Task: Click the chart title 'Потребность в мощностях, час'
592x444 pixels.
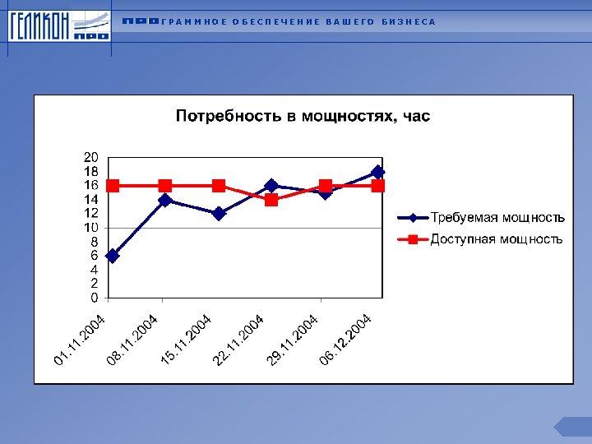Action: coord(303,116)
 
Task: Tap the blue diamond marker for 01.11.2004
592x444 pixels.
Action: coord(113,256)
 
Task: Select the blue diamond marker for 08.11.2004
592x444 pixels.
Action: coord(165,200)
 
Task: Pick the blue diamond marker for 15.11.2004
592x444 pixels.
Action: coord(219,214)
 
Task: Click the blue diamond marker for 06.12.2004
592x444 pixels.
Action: coord(377,172)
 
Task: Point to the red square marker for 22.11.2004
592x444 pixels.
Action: coord(271,200)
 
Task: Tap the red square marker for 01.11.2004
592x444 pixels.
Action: coord(113,186)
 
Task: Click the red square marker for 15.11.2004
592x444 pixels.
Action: coord(219,186)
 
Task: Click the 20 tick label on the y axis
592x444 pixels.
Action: coord(91,157)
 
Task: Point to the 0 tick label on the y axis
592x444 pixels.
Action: coord(95,298)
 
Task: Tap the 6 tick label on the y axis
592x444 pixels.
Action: coord(95,256)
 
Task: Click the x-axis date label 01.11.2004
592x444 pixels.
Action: coord(80,340)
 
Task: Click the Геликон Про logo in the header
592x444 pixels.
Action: coord(58,27)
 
